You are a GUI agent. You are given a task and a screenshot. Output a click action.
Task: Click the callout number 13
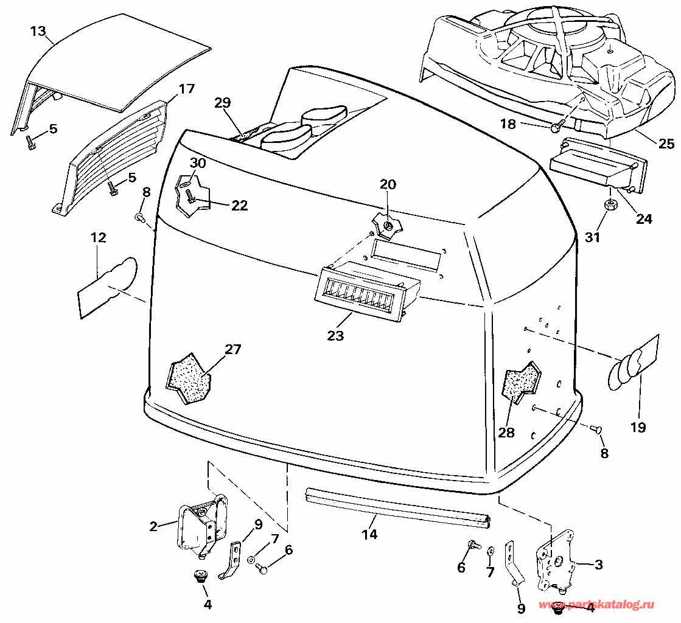pos(38,31)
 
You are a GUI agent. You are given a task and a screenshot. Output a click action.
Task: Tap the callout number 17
pos(187,89)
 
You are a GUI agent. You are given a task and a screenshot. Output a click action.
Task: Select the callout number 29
pos(222,103)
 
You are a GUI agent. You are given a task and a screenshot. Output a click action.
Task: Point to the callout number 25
pos(666,143)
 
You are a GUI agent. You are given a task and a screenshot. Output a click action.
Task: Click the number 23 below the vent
pos(336,336)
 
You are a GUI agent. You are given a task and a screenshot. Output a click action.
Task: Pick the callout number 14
pos(369,534)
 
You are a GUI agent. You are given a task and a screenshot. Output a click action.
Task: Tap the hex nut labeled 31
pos(609,204)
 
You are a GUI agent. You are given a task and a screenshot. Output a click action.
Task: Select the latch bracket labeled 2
pos(203,527)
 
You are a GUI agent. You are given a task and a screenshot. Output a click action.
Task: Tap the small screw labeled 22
pos(191,197)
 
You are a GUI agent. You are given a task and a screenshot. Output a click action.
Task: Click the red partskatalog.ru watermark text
pos(597,605)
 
